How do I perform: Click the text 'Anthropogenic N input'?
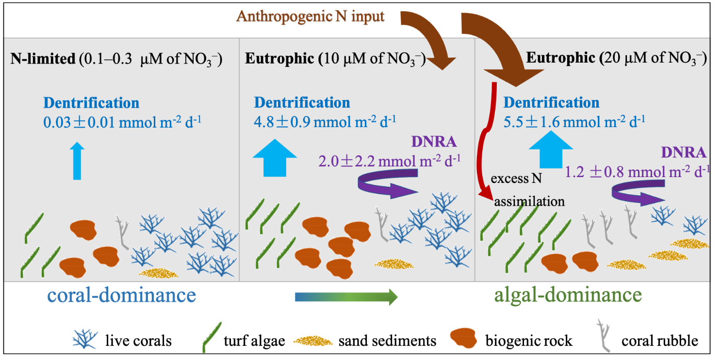click(311, 16)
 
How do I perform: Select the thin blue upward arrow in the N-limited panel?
click(77, 162)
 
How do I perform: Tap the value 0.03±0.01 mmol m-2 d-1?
click(122, 121)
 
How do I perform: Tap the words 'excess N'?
click(516, 179)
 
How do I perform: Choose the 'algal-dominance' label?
click(568, 295)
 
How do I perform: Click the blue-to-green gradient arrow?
click(346, 296)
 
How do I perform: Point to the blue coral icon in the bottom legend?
click(85, 338)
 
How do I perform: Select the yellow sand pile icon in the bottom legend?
click(313, 341)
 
